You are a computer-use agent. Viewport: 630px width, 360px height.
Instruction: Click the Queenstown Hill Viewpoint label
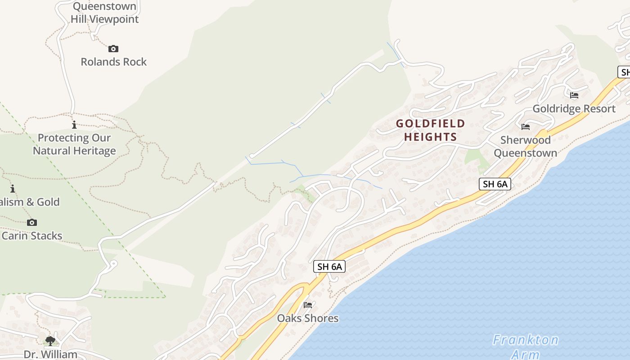coord(104,13)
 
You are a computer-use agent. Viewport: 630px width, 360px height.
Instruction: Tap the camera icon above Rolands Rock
coord(113,49)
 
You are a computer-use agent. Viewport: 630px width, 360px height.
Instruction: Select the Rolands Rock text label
coord(113,62)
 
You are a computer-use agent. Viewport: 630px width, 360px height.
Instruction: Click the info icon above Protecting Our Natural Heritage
coord(74,125)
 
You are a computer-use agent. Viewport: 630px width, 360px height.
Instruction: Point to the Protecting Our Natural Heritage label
coord(74,144)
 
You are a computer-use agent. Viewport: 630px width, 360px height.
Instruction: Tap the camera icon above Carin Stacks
coord(31,222)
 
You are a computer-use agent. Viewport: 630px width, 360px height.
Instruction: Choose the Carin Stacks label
coord(32,235)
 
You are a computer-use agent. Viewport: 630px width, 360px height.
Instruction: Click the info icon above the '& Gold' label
coord(13,189)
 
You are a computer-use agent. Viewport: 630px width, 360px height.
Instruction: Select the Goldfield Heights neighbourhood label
coord(430,130)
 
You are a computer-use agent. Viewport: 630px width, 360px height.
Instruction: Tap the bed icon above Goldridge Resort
coord(574,95)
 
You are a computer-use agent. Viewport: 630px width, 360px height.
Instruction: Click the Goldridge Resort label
coord(574,108)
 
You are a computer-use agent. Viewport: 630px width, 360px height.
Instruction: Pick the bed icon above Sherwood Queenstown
coord(525,127)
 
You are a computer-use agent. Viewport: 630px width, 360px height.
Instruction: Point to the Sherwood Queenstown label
coord(525,146)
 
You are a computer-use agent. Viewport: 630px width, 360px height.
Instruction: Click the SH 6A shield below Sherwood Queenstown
coord(495,184)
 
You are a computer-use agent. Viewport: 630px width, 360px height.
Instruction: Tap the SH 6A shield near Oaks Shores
coord(330,266)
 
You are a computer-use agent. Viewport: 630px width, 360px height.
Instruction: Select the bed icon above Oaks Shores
coord(308,305)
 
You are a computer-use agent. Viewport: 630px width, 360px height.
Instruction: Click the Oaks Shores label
coord(308,318)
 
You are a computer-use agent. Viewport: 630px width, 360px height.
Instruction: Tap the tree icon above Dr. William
coord(50,341)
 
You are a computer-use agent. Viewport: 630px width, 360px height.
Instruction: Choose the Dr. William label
coord(50,354)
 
